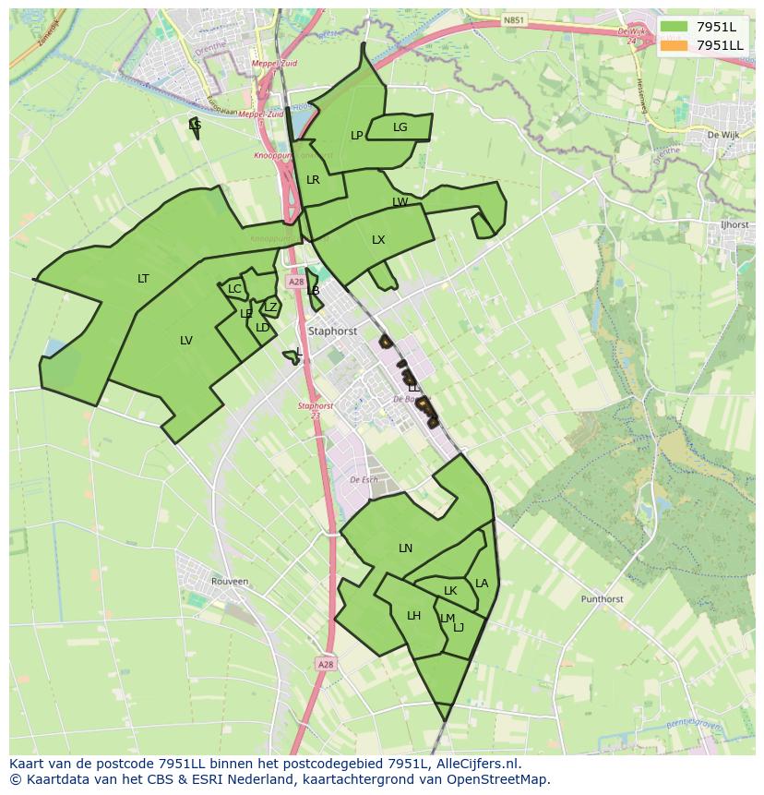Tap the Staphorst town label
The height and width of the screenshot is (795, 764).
(x=333, y=330)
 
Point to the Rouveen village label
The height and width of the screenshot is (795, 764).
(x=230, y=582)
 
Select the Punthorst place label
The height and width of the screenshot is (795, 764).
(x=602, y=599)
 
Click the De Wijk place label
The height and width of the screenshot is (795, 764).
(x=723, y=134)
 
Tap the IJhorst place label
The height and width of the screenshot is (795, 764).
(x=735, y=224)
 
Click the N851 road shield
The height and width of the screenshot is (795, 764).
(x=514, y=18)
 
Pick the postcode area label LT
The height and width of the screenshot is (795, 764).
(x=143, y=279)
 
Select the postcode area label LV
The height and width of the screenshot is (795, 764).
(x=186, y=341)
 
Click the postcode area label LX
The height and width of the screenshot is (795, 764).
(x=378, y=240)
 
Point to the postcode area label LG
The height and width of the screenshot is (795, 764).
(x=400, y=127)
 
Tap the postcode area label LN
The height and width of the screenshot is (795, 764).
(x=405, y=548)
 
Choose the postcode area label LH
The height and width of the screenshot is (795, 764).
(x=413, y=616)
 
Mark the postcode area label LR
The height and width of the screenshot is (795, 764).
(x=313, y=180)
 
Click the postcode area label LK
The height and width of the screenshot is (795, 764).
(x=450, y=591)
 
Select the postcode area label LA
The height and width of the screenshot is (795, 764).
(x=482, y=584)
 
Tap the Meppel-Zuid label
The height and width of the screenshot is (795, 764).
(x=276, y=64)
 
